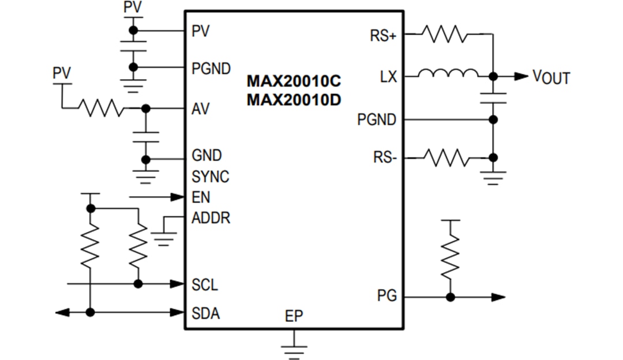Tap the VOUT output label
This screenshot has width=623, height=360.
tap(550, 77)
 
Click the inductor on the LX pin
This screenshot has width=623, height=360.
tap(448, 74)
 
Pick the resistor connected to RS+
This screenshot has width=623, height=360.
tap(445, 33)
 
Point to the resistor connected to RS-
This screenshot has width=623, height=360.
tap(445, 157)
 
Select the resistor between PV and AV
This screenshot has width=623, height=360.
tap(101, 108)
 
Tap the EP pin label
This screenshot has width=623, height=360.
tap(294, 316)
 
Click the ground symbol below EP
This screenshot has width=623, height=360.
tap(294, 350)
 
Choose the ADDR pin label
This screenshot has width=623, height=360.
tap(211, 219)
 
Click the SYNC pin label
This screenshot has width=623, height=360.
tap(210, 177)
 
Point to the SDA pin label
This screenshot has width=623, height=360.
tap(205, 314)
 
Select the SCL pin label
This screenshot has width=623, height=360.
tap(205, 285)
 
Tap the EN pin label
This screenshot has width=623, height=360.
tap(201, 197)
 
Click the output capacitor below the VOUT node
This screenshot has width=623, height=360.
tap(493, 98)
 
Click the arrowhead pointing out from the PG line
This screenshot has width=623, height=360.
tap(498, 297)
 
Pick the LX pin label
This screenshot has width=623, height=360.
tap(388, 76)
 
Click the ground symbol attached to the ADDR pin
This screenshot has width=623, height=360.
tap(164, 237)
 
